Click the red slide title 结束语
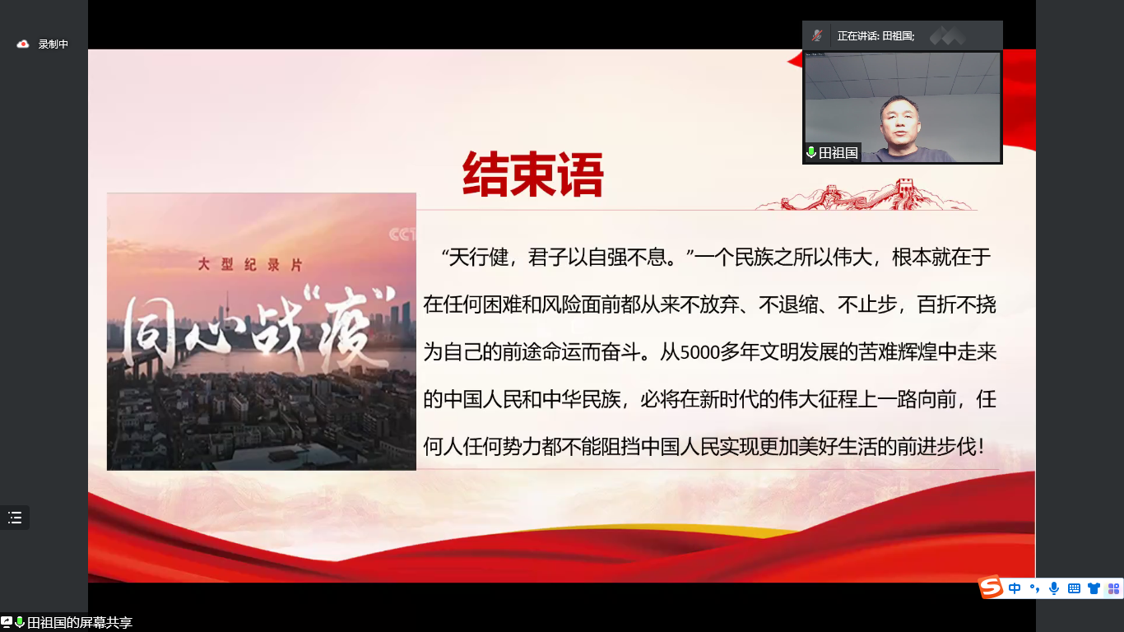[532, 174]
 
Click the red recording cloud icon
[22, 44]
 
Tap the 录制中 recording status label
[53, 44]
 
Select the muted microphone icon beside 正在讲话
[817, 35]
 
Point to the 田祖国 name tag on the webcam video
[833, 152]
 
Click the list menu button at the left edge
[15, 517]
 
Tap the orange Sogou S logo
[991, 587]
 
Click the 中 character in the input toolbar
[1014, 588]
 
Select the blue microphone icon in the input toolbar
[1054, 588]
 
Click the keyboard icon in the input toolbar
[1074, 588]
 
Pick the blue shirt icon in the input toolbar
[1094, 588]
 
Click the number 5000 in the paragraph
[699, 352]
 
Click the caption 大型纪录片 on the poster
[250, 264]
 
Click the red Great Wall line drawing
[866, 195]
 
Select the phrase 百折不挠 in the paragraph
[956, 304]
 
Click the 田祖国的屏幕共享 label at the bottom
[79, 623]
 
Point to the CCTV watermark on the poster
[402, 235]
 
